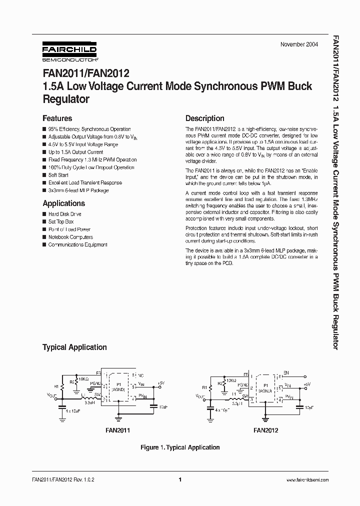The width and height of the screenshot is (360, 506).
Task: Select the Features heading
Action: click(x=57, y=118)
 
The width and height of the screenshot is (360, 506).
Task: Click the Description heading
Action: click(x=204, y=118)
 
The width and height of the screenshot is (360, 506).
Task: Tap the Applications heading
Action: click(x=63, y=203)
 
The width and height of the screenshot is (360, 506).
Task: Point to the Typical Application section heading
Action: click(x=74, y=347)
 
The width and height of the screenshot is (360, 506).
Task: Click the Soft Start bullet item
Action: click(x=58, y=175)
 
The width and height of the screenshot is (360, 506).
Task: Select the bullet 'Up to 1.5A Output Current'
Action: click(x=75, y=152)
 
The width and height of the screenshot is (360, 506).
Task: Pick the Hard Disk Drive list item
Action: click(x=64, y=214)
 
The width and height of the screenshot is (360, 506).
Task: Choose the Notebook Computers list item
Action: click(x=70, y=237)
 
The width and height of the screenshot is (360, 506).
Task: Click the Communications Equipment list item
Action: click(x=77, y=244)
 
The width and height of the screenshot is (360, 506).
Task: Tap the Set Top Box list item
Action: click(x=60, y=221)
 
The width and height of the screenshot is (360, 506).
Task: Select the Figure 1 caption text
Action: click(x=179, y=447)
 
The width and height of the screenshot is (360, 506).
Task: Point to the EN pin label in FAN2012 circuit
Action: click(x=286, y=373)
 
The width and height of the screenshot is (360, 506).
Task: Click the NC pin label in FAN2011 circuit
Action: click(x=140, y=374)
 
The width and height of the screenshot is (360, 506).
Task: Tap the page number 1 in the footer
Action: click(x=179, y=479)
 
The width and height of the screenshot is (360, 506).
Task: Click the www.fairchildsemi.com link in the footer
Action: click(x=307, y=480)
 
